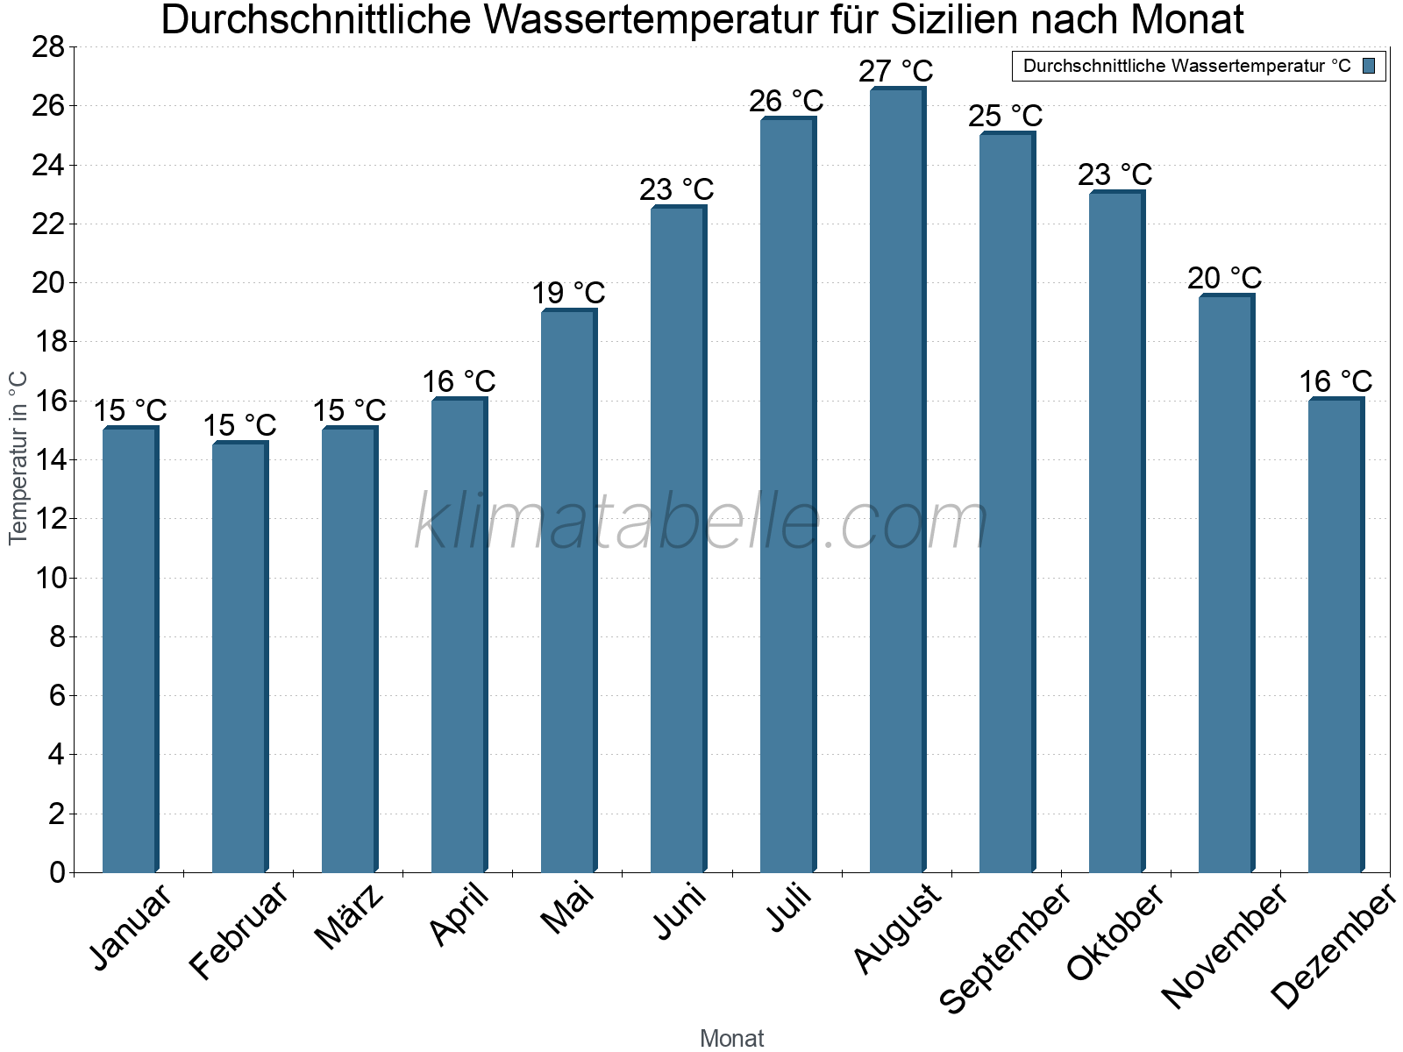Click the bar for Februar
[x=239, y=657]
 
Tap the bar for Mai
[x=568, y=592]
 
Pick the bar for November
[x=1226, y=583]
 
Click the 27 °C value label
[x=895, y=71]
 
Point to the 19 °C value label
[x=568, y=293]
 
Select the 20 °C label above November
[x=1224, y=278]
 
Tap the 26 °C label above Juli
[x=786, y=102]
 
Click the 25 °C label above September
[x=1005, y=116]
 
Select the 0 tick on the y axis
[x=57, y=872]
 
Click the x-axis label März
[x=349, y=917]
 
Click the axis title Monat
[x=732, y=1039]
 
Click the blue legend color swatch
[x=1369, y=66]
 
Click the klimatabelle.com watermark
[x=701, y=522]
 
